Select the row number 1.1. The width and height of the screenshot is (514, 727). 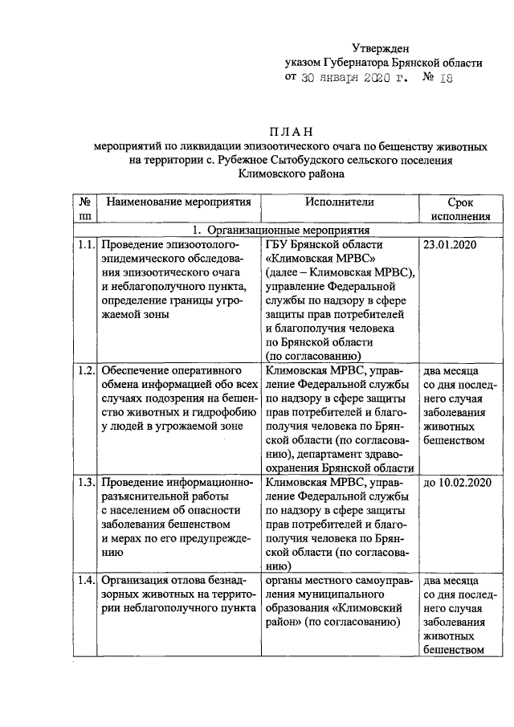pos(87,244)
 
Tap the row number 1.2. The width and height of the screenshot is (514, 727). pos(87,370)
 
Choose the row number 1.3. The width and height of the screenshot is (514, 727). pos(87,483)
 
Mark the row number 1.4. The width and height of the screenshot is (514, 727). pos(87,579)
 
